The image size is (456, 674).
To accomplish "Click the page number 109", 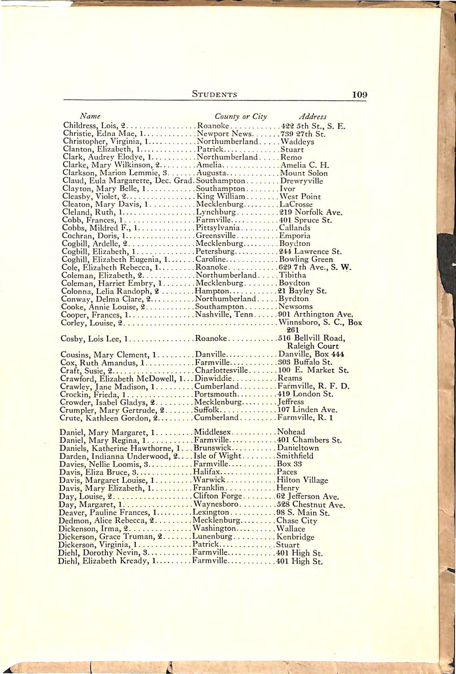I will [360, 94].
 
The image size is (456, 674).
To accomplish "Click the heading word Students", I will [215, 94].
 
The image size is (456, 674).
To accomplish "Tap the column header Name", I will [90, 116].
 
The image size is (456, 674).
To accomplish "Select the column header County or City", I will [240, 116].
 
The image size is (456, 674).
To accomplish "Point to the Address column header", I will [313, 116].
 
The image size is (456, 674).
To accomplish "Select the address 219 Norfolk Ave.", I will [311, 212].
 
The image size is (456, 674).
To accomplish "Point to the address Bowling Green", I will [306, 259].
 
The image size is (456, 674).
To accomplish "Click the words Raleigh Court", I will [313, 346].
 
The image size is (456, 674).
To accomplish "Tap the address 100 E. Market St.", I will [313, 370].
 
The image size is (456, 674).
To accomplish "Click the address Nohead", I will [291, 432].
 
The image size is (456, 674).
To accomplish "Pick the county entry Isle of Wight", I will [217, 456].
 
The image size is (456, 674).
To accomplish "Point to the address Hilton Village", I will [302, 480].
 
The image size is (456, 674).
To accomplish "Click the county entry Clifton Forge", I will [217, 496].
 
